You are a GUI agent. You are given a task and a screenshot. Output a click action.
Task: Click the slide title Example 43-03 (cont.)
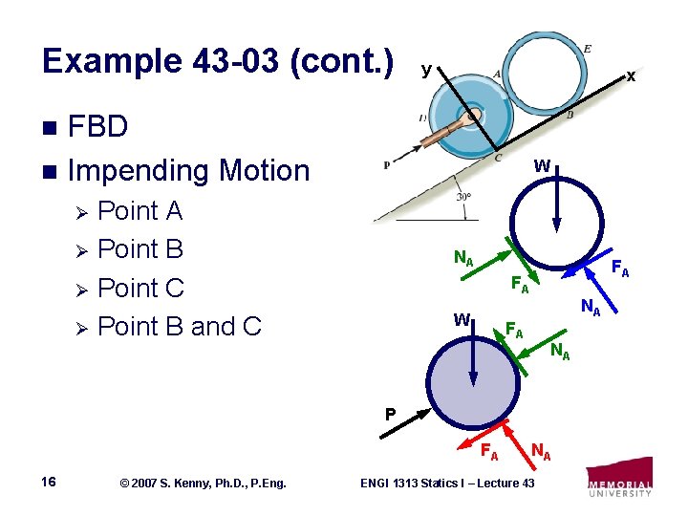pos(218,61)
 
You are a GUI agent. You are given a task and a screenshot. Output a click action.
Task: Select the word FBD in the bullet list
pos(99,128)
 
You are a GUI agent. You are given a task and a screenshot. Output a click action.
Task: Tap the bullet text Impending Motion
pos(189,171)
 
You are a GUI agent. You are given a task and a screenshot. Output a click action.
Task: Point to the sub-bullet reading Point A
pos(140,210)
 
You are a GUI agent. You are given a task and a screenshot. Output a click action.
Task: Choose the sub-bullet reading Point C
pos(140,288)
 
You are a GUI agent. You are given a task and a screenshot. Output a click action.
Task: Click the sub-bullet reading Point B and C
pos(180,327)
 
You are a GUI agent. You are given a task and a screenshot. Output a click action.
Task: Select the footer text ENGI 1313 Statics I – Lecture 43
pos(446,484)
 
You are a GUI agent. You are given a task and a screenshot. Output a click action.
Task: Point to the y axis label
pos(426,69)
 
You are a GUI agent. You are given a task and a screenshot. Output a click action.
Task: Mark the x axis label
pos(630,76)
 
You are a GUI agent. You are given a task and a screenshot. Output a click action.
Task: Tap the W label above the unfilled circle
pos(542,165)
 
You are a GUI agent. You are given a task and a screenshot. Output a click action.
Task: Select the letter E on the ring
pos(586,50)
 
